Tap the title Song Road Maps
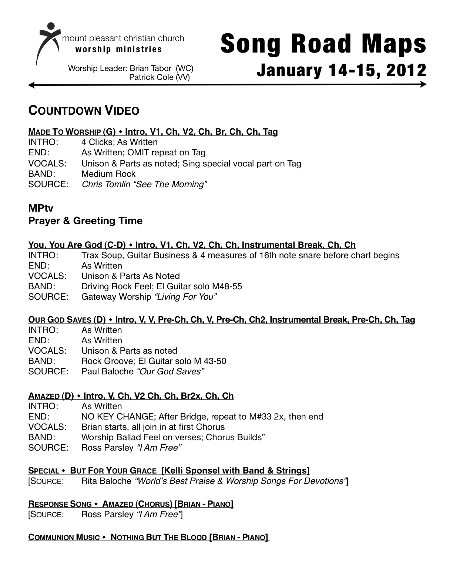click(323, 44)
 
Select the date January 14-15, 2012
click(341, 70)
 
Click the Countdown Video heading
click(84, 111)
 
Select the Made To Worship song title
click(64, 132)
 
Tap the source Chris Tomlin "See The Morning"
click(144, 184)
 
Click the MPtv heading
click(41, 209)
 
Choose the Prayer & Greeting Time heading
click(85, 221)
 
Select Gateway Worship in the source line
click(116, 297)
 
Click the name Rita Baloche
click(106, 481)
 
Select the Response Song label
click(60, 504)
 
